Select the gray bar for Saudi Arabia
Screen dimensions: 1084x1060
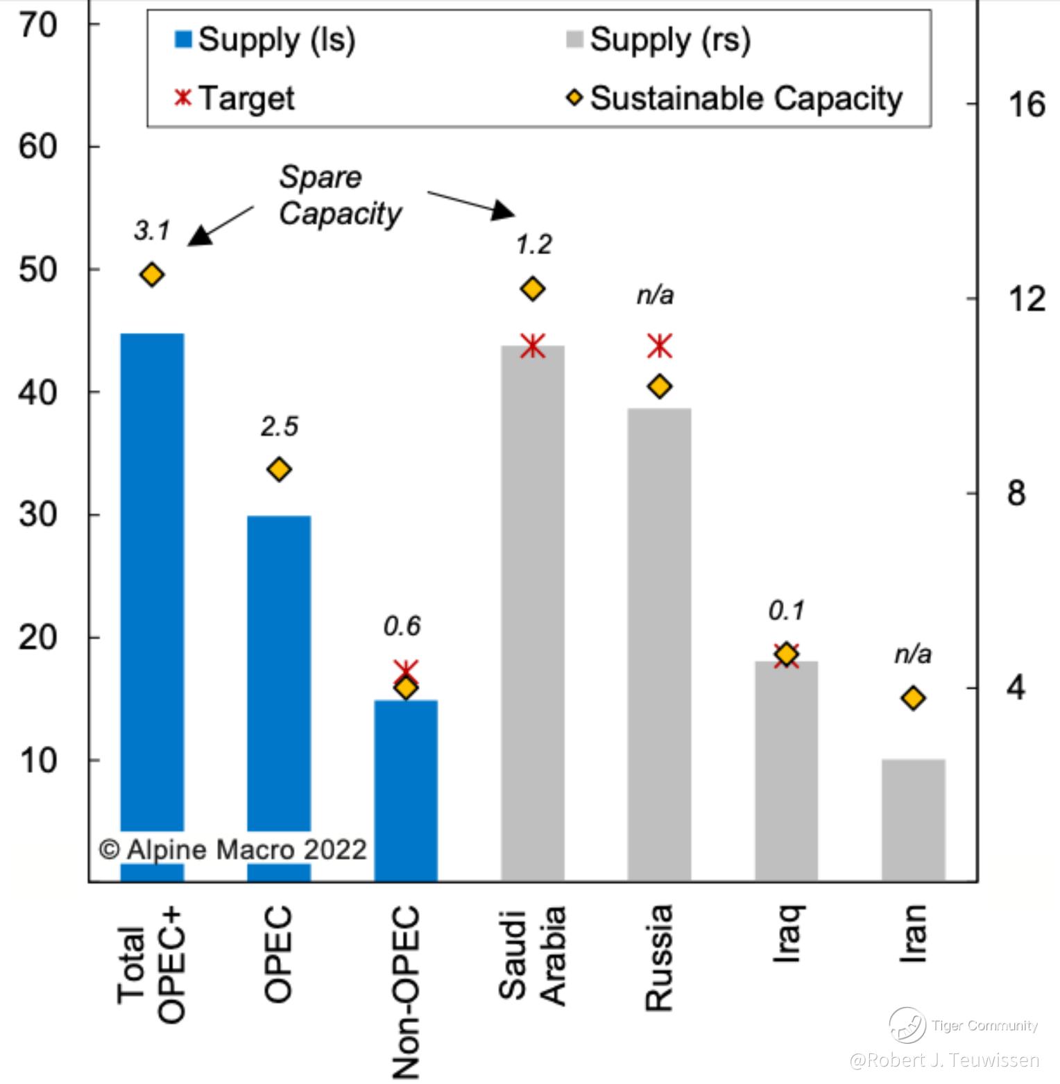coord(533,611)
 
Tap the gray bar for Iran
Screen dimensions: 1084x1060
coord(913,819)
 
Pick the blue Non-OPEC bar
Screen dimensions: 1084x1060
coord(406,791)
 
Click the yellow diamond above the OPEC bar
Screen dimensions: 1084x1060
coord(279,470)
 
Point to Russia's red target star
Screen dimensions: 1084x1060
coord(660,346)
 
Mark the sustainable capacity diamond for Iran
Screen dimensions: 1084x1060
coord(914,698)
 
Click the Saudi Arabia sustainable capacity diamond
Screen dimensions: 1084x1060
coord(533,289)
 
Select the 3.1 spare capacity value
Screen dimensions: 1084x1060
coord(152,230)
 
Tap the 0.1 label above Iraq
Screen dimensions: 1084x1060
coord(787,611)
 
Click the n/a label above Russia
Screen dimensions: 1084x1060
coord(655,296)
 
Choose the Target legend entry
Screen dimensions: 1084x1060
coord(235,98)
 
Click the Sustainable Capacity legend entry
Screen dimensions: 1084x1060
coord(735,98)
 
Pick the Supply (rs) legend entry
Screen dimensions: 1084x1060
coord(659,40)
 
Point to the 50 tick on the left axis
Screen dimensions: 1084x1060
coord(38,270)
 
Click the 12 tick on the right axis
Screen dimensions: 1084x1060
coord(1026,299)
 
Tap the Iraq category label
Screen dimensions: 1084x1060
coord(787,933)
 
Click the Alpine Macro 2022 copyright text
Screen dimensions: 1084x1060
coord(233,849)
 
